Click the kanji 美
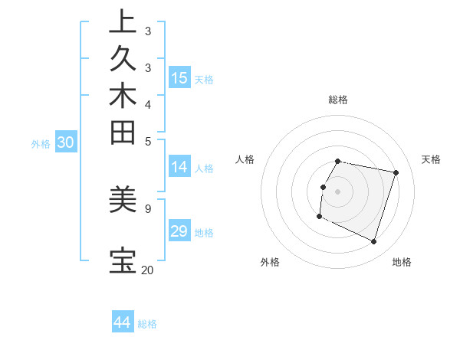tap(123, 200)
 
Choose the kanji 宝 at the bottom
tap(123, 260)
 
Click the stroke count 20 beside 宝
tap(147, 270)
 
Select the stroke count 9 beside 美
tap(147, 208)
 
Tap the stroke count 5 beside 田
tap(147, 140)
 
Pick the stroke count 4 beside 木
tap(147, 103)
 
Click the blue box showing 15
tap(179, 77)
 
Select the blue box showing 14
tap(179, 167)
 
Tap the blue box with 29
tap(179, 231)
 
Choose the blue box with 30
tap(66, 142)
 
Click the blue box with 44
tap(123, 322)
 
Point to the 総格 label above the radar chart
tap(338, 100)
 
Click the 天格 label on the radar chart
tap(431, 159)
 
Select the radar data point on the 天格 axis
tap(396, 173)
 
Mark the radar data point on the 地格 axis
tap(373, 242)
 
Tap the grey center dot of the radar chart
tap(338, 191)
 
